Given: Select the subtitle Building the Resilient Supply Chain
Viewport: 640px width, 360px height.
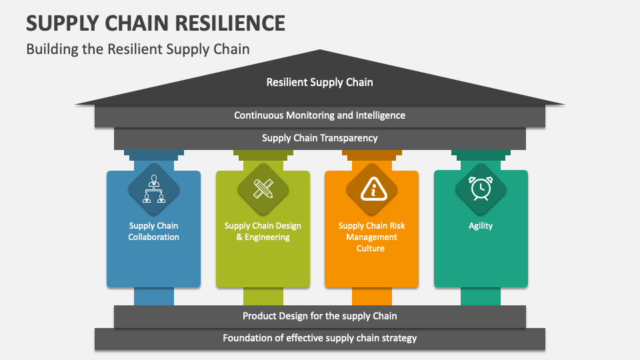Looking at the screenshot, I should point(137,49).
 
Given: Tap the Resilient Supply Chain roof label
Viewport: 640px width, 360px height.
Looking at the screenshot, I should point(319,82).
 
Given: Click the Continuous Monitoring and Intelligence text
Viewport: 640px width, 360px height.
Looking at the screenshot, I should point(319,115).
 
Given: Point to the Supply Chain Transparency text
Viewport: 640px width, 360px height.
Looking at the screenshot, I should point(319,138).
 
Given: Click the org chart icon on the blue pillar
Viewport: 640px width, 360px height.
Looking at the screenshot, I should point(154,189).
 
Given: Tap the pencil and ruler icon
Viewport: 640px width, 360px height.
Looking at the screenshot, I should point(263,189).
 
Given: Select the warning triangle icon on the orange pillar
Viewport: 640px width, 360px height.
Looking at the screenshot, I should point(372,189).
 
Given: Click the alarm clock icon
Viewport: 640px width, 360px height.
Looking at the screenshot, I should point(481,189).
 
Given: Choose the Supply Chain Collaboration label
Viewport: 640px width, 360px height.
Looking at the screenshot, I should point(154,231).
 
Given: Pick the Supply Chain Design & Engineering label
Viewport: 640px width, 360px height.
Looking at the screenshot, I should point(263,231).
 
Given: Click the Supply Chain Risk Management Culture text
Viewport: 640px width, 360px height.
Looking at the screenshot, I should point(372,237).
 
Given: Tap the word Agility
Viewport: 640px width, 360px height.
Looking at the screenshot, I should point(481,226).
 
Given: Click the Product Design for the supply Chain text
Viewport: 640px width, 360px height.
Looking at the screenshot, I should point(319,316).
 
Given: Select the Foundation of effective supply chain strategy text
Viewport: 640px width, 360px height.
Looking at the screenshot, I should point(319,338).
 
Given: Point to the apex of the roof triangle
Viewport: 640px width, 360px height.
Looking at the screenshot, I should point(321,51).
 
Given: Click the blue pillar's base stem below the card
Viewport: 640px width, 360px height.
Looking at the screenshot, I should point(154,296).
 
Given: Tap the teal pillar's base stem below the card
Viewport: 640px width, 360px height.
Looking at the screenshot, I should point(481,296).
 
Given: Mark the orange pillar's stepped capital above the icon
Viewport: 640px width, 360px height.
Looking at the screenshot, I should point(372,156).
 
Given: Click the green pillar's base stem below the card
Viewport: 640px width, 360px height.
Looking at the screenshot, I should point(263,296).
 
